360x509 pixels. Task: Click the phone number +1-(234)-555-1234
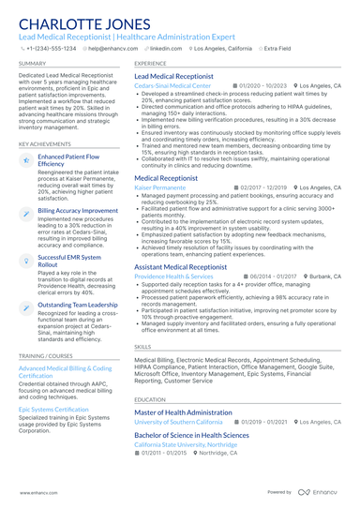(x=51, y=47)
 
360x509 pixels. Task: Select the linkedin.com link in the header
(x=166, y=47)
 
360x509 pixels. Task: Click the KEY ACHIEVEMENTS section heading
(x=45, y=143)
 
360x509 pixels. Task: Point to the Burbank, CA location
(x=323, y=277)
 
